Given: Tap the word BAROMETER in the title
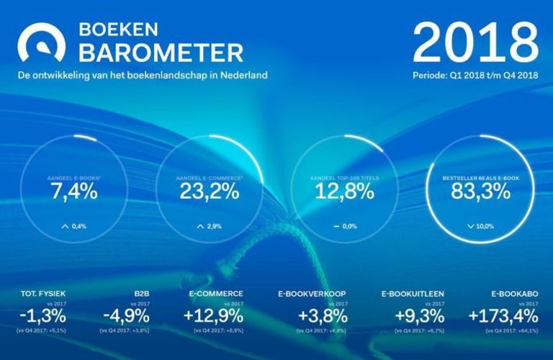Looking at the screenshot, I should click(x=160, y=53).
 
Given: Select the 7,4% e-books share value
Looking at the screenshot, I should click(x=73, y=191).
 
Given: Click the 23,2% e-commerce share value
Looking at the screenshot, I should click(x=208, y=191).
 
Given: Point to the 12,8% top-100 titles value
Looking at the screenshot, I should click(x=344, y=191).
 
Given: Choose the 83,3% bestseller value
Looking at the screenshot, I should click(x=480, y=191).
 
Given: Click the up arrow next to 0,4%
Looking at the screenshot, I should click(x=65, y=226).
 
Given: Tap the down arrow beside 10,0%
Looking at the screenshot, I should click(x=471, y=226).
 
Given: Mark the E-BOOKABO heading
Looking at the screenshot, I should click(x=513, y=294).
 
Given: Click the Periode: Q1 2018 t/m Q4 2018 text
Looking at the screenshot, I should click(x=476, y=74).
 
